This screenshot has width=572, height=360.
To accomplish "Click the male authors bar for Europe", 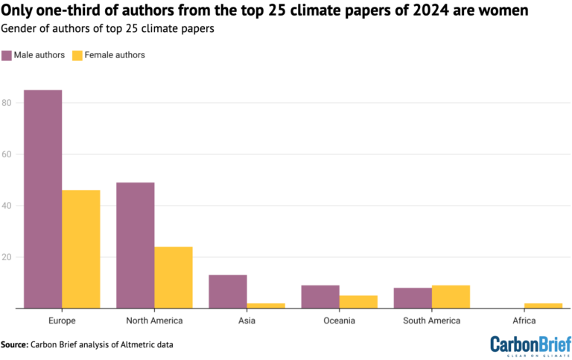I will pyautogui.click(x=42, y=199).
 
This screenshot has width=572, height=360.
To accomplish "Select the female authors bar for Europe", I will pyautogui.click(x=81, y=249).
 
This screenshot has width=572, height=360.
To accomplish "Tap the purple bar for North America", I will pyautogui.click(x=135, y=245).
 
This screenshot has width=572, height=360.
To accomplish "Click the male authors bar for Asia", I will pyautogui.click(x=227, y=291).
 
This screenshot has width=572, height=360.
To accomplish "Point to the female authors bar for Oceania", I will pyautogui.click(x=358, y=302).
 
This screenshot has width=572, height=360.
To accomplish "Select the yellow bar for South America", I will pyautogui.click(x=451, y=297).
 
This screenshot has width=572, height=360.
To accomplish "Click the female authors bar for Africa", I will pyautogui.click(x=543, y=306).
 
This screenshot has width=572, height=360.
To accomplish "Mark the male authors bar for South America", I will pyautogui.click(x=412, y=298).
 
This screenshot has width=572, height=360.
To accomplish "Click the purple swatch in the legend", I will pyautogui.click(x=7, y=55).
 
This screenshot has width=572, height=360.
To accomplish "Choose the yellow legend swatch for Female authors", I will pyautogui.click(x=77, y=55).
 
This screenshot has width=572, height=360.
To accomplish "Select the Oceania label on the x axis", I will pyautogui.click(x=340, y=321).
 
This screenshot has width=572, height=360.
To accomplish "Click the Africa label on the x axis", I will pyautogui.click(x=524, y=321).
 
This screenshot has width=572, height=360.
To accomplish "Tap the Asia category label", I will pyautogui.click(x=247, y=321).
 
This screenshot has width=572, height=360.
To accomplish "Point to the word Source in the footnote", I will pyautogui.click(x=14, y=344).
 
